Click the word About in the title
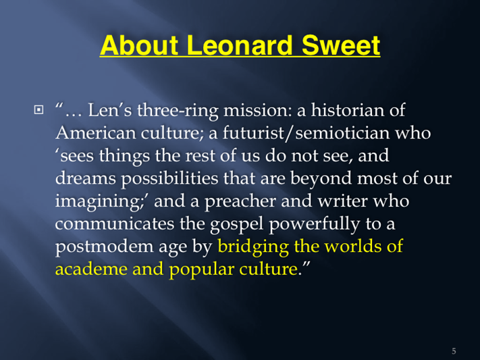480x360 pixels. coord(139,45)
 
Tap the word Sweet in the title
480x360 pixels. coord(341,45)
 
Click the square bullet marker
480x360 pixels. coord(38,109)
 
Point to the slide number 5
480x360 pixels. coord(454,351)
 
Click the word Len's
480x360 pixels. coord(110,110)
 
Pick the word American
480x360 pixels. coord(96,133)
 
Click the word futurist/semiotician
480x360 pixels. coord(306,133)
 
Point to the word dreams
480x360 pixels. coord(86,178)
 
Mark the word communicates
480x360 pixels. coord(115,224)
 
